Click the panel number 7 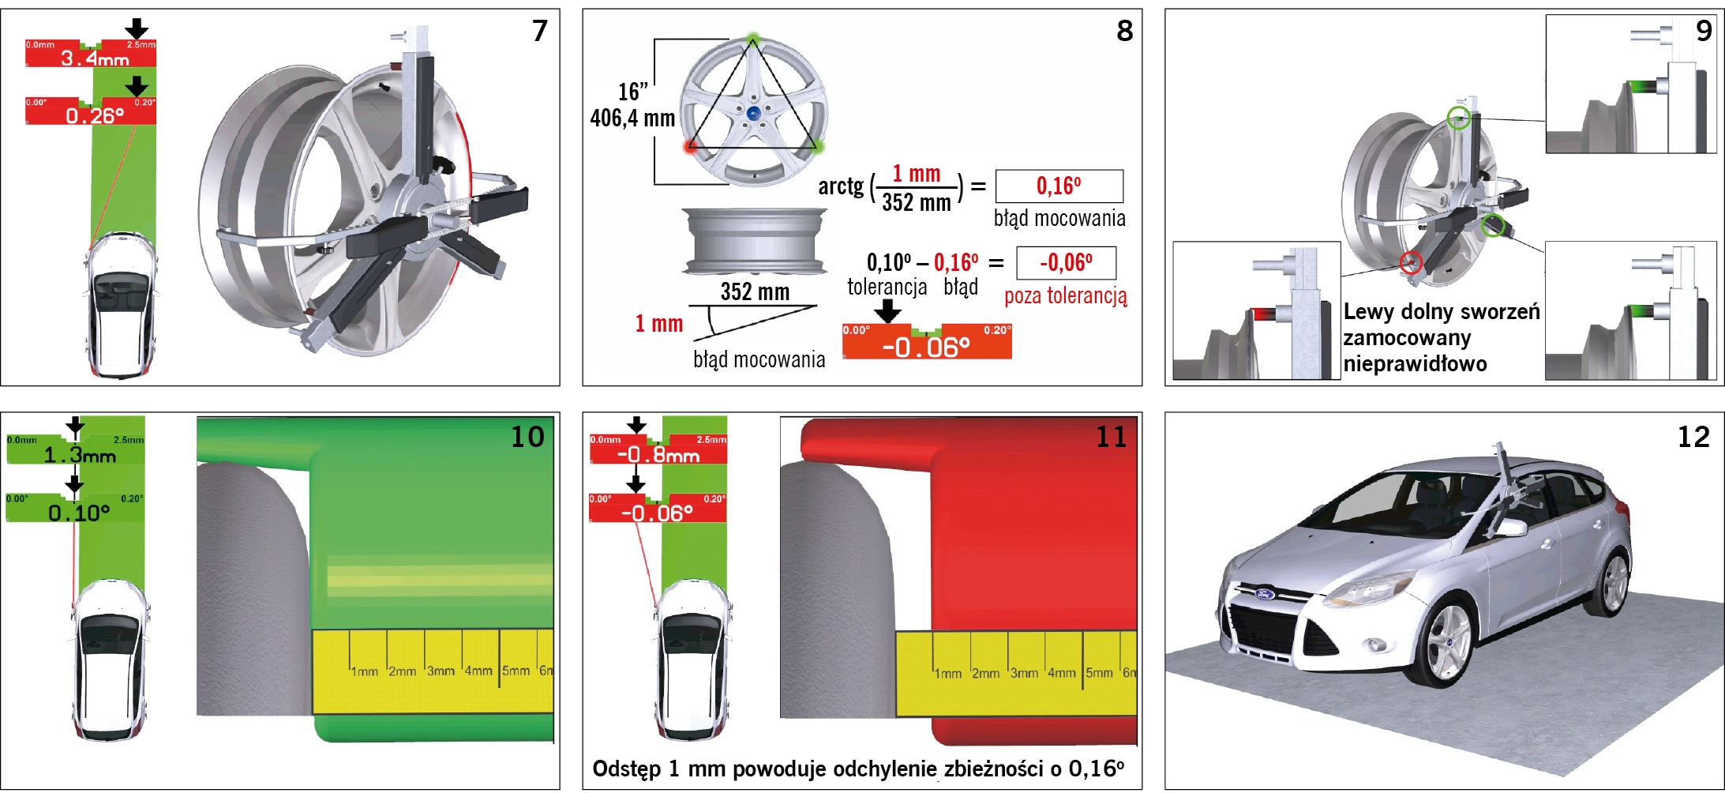tap(540, 31)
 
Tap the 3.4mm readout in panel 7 tap(95, 58)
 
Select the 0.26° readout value tap(95, 115)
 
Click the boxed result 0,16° tap(1059, 186)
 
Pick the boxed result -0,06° tap(1066, 263)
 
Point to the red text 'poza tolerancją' tap(1066, 296)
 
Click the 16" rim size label tap(633, 92)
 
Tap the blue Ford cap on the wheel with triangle tap(752, 113)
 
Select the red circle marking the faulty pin tap(1411, 262)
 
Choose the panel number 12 tap(1693, 437)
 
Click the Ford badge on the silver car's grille tap(1265, 593)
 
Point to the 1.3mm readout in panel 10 tap(79, 455)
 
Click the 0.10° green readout tap(79, 513)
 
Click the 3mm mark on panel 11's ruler tap(1024, 673)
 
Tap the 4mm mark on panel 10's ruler tap(478, 671)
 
